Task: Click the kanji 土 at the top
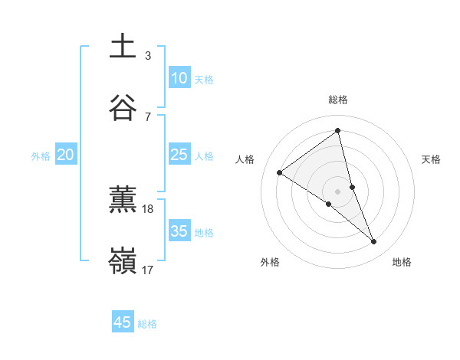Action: tap(123, 47)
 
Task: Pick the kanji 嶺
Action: tap(123, 261)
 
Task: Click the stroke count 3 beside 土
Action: tap(148, 56)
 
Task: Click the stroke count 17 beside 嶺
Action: tap(148, 270)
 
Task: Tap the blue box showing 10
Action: tap(179, 78)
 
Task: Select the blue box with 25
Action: tap(179, 155)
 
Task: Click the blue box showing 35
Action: tap(179, 231)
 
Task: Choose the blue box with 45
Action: tap(123, 322)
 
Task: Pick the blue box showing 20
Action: tap(66, 155)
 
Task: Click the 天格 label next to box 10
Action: tap(204, 80)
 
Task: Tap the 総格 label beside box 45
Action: tap(147, 324)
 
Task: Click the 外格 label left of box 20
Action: tap(41, 156)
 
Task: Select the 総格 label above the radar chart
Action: tap(338, 100)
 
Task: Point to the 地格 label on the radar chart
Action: tap(402, 262)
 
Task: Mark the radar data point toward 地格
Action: tap(374, 242)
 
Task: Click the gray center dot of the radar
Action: tap(337, 191)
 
